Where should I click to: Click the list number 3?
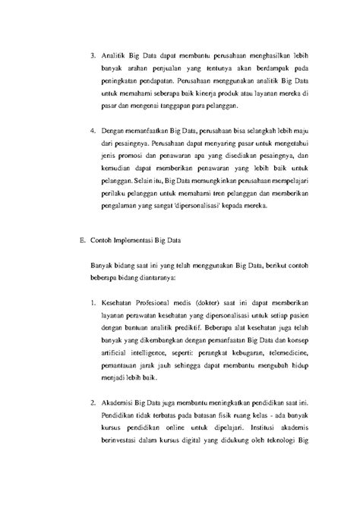(x=92, y=55)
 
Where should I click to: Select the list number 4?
(x=92, y=133)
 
